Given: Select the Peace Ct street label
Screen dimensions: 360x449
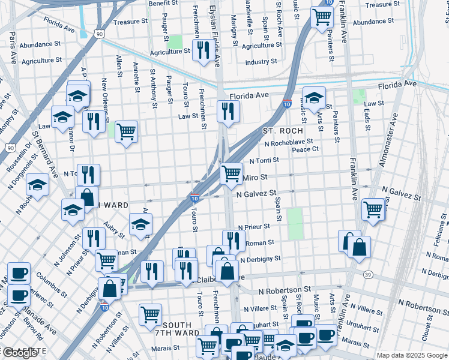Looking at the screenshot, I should coord(305,149).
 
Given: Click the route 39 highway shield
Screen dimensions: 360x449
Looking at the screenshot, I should coord(367,274).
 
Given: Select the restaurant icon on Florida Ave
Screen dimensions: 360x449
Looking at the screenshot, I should coord(228,112).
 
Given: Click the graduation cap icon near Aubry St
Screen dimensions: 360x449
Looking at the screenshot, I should coord(140,225).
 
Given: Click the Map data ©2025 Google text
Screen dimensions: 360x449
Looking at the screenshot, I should coord(411,355).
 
